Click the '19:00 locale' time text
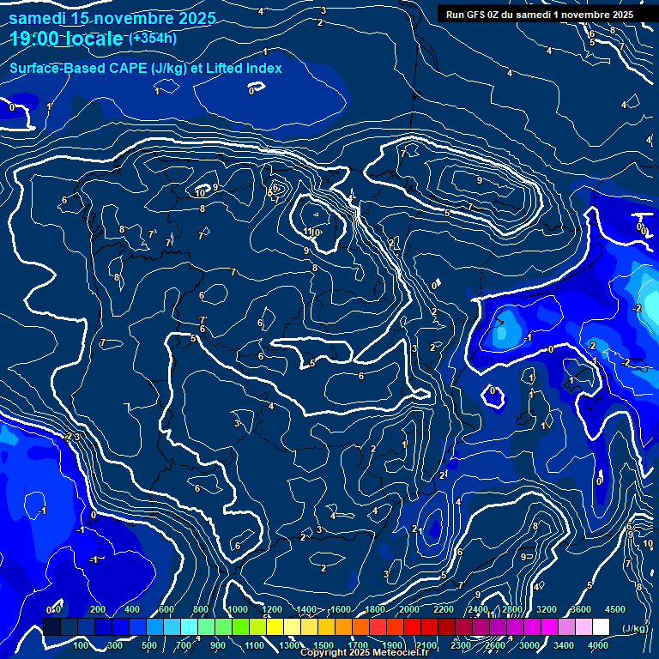click(67, 39)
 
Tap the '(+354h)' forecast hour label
click(152, 38)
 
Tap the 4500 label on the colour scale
click(614, 609)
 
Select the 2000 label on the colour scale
click(409, 609)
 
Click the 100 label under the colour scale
click(82, 645)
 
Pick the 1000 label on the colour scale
click(237, 609)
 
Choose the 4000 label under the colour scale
click(599, 645)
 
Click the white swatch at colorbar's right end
click(601, 627)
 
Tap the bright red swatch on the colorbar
click(412, 627)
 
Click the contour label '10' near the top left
click(200, 193)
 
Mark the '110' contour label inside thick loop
click(312, 232)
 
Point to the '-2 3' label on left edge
click(72, 437)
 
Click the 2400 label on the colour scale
click(478, 609)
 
